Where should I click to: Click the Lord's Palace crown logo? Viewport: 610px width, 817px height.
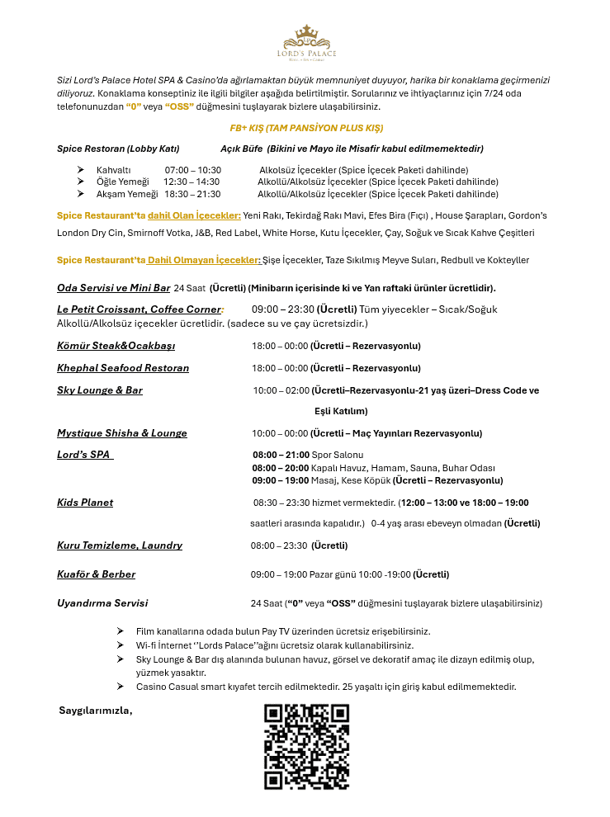click(x=305, y=41)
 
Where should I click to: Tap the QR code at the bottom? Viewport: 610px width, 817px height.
click(x=307, y=747)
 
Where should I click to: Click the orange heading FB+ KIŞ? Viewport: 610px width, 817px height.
click(x=306, y=129)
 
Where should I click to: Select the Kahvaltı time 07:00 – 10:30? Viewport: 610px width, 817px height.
click(x=193, y=170)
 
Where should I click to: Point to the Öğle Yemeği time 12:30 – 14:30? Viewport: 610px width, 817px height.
click(x=192, y=182)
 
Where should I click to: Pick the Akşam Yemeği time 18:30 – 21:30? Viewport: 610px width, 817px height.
click(x=192, y=194)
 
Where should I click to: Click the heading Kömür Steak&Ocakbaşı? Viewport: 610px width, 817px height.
click(x=116, y=346)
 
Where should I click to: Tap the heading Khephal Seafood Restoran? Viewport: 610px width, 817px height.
click(x=123, y=368)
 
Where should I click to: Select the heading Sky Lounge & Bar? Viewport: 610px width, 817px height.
click(x=100, y=390)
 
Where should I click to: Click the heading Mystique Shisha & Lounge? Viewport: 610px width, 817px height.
click(x=122, y=433)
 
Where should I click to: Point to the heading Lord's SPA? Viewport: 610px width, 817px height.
click(x=83, y=455)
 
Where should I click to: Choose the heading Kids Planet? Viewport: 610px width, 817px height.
click(x=85, y=503)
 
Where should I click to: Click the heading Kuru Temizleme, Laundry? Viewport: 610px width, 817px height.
click(x=120, y=545)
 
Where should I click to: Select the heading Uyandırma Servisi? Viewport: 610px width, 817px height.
click(x=102, y=603)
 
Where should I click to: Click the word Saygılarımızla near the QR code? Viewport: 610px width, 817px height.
click(x=96, y=711)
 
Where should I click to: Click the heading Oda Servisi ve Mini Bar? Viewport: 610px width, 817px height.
click(x=113, y=288)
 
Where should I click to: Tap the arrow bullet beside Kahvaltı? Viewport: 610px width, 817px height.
click(x=81, y=170)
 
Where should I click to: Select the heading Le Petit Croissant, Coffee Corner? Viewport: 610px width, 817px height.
click(x=139, y=309)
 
